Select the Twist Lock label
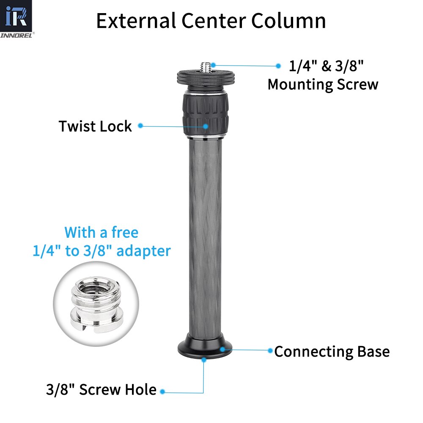tap(95, 126)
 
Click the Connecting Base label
tap(332, 351)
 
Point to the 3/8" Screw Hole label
tap(101, 390)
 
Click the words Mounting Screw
tap(323, 84)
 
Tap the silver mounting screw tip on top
tap(207, 67)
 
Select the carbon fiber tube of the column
tap(205, 237)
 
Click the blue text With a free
tap(102, 232)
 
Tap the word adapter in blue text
tap(143, 251)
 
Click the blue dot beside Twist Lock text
tap(140, 126)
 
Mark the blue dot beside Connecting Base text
tap(270, 350)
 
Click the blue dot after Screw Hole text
tap(162, 392)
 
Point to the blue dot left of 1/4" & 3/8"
tap(278, 66)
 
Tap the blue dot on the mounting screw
tap(213, 65)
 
